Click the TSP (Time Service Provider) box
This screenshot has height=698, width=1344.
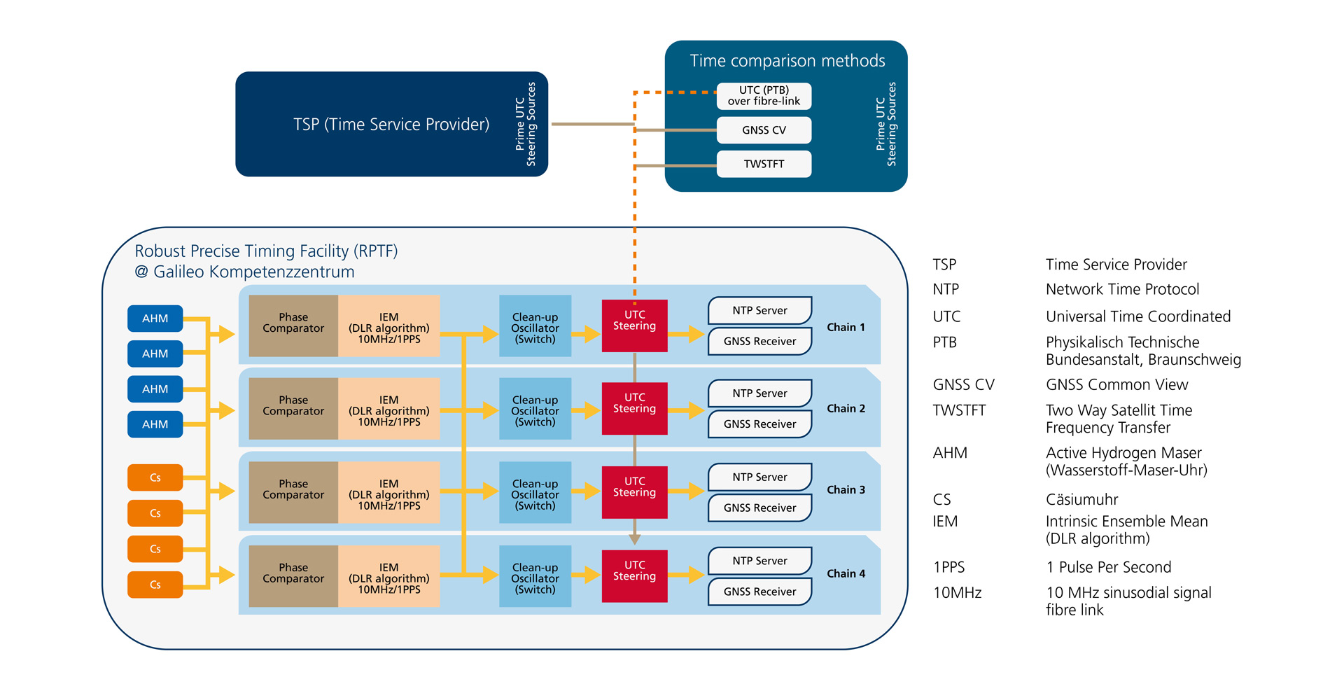click(391, 124)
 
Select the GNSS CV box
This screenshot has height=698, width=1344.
click(764, 130)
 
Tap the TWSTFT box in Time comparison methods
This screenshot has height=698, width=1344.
click(764, 164)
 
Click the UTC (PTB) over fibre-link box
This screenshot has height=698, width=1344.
click(764, 96)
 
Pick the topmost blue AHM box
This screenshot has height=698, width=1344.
click(155, 319)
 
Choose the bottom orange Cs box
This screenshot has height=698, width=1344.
click(155, 585)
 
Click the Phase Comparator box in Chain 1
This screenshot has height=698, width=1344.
click(293, 326)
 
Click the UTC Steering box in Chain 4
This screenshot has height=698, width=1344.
click(634, 575)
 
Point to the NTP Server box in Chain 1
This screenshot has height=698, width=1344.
click(759, 310)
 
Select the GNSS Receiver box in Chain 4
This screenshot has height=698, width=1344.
click(759, 592)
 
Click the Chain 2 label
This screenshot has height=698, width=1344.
click(846, 409)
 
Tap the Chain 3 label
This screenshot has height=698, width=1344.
click(846, 490)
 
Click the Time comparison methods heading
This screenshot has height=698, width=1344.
click(787, 61)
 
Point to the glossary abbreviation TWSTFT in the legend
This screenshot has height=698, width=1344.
click(959, 410)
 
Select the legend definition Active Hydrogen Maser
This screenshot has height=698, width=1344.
click(1123, 453)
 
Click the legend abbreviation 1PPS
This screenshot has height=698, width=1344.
click(948, 567)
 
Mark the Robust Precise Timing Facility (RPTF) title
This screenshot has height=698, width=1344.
click(266, 251)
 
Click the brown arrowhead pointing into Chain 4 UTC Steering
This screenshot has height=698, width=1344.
click(634, 539)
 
